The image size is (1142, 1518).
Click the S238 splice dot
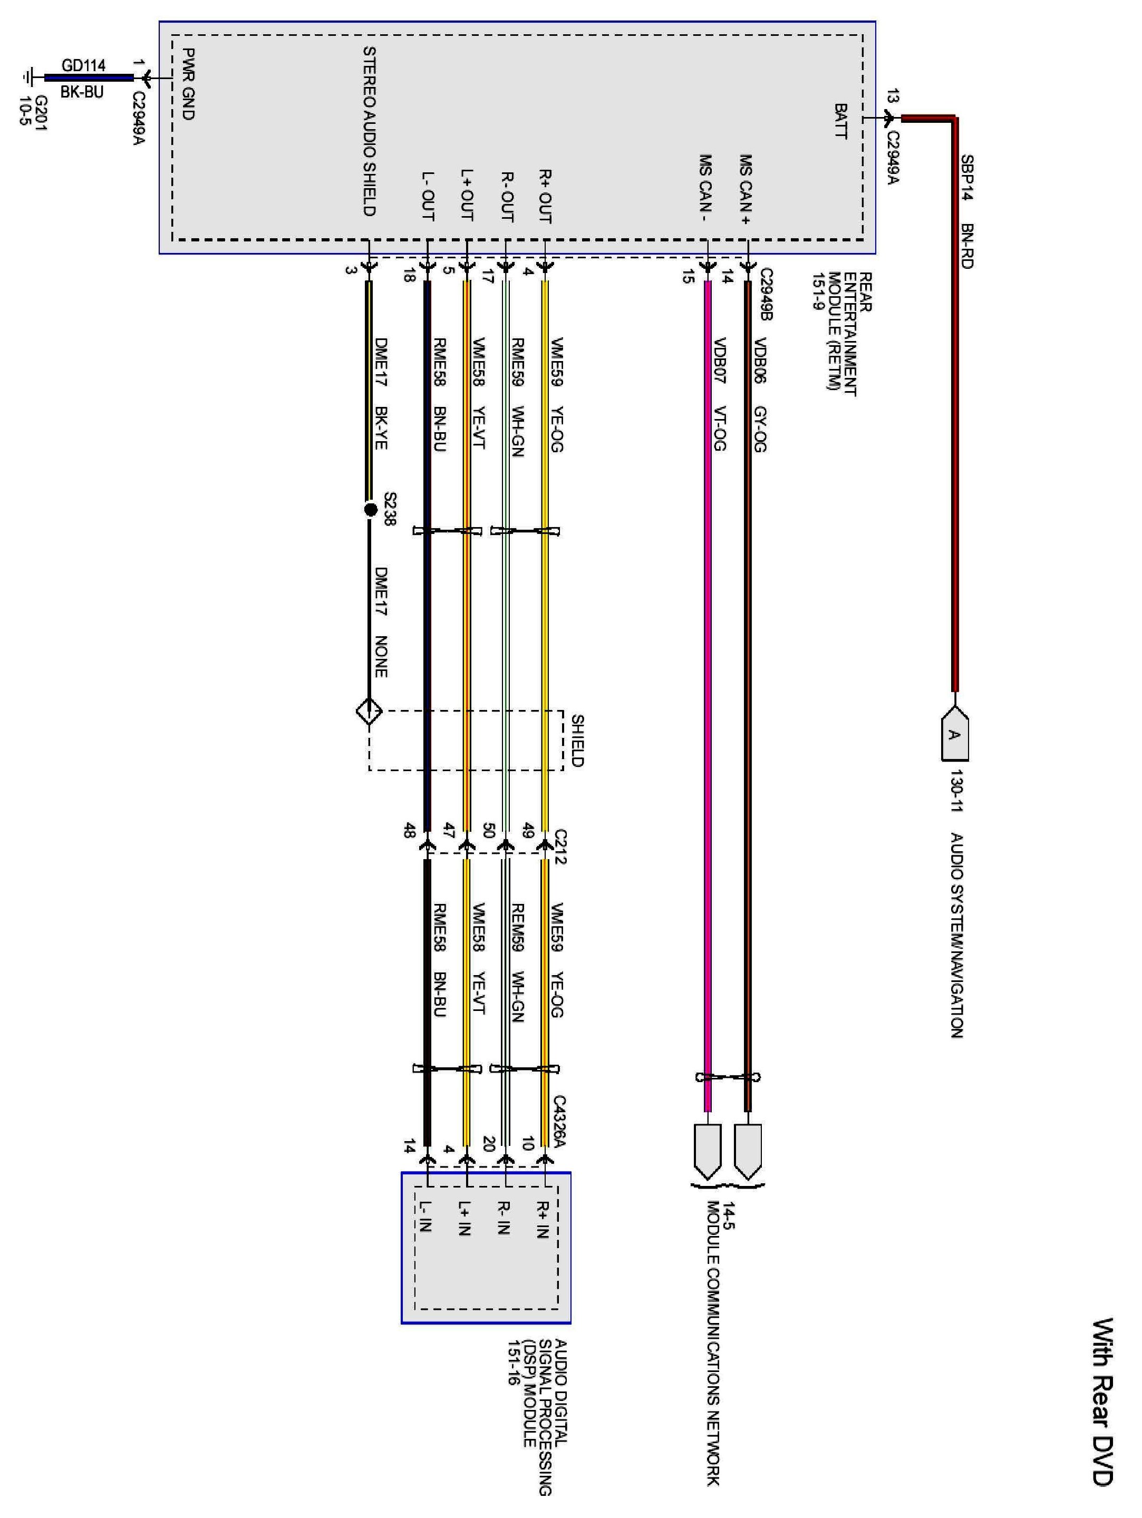click(x=371, y=509)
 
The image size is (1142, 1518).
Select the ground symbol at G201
click(x=29, y=77)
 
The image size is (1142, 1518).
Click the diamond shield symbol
click(x=369, y=712)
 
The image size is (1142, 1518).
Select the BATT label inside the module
click(x=840, y=121)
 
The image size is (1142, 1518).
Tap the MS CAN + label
click(x=746, y=189)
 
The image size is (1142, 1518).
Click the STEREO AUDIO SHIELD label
click(x=369, y=131)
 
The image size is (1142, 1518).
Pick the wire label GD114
click(x=83, y=65)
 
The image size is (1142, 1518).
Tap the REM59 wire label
click(x=517, y=927)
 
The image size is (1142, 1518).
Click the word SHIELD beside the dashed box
click(x=577, y=741)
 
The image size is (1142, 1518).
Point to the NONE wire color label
click(x=381, y=657)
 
